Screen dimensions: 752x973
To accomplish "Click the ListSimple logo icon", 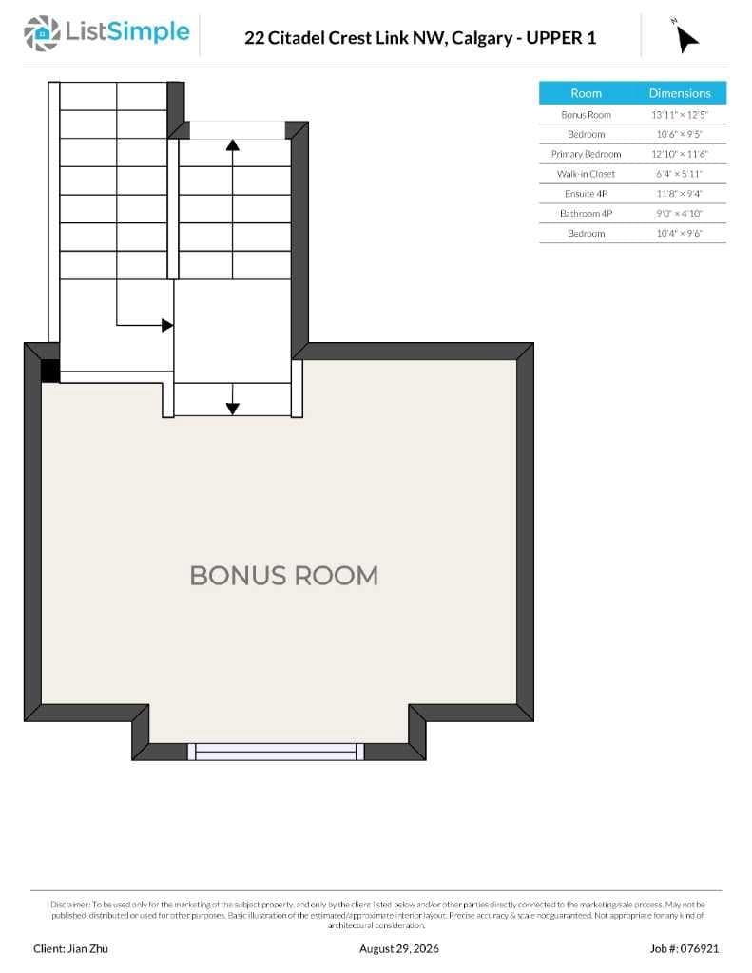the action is tap(42, 33).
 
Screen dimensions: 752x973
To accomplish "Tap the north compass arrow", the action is tap(686, 38).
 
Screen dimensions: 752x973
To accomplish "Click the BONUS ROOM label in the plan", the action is tap(284, 576).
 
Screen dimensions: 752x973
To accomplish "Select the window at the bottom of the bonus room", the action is tap(276, 752).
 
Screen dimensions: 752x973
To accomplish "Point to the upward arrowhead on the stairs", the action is tap(233, 145).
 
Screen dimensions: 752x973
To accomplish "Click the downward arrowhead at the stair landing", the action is tap(233, 409).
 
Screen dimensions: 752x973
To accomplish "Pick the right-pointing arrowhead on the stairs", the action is tap(167, 325).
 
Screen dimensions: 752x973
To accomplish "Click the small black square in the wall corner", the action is tap(50, 372).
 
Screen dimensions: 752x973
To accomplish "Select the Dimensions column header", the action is tap(680, 93).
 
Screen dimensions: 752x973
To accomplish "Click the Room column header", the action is tap(587, 93).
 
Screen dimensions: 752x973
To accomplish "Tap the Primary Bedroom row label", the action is tap(587, 154).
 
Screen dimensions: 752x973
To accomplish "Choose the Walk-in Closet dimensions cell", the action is tap(680, 174).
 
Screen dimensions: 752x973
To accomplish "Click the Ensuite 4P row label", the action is tap(587, 194).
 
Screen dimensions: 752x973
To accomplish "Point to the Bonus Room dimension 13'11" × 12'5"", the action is tap(680, 115).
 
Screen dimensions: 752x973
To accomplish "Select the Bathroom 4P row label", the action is tap(587, 214).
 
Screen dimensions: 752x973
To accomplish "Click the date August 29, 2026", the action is tap(398, 949).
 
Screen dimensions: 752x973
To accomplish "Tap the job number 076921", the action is tap(699, 949).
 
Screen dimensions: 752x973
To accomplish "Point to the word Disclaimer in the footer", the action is tap(70, 905).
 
